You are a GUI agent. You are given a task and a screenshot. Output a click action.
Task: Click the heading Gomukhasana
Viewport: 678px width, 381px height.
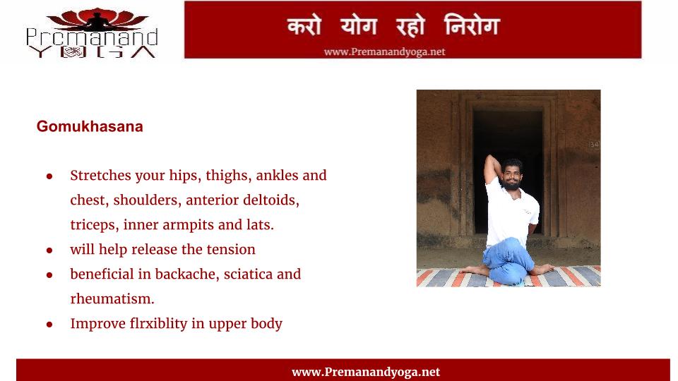pos(90,126)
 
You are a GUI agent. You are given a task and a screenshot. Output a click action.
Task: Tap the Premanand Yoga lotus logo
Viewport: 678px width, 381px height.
pos(92,33)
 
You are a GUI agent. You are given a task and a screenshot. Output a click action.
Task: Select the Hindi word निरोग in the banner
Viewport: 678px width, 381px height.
pos(472,25)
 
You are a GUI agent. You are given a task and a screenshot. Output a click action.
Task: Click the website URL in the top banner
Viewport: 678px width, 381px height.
pos(384,52)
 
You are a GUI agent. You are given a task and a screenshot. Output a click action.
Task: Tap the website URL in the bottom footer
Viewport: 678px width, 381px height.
pos(366,372)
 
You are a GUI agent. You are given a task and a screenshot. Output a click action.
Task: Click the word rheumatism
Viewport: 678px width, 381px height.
pos(112,299)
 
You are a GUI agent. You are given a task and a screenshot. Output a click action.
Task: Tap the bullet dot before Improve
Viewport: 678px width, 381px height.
pos(49,325)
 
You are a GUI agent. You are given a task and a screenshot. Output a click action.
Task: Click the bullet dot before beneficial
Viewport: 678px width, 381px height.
pos(49,275)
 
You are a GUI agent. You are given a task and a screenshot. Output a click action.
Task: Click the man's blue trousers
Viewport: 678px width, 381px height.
pos(508,261)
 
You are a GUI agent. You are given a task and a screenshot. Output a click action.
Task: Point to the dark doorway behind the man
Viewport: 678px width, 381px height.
pos(508,173)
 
